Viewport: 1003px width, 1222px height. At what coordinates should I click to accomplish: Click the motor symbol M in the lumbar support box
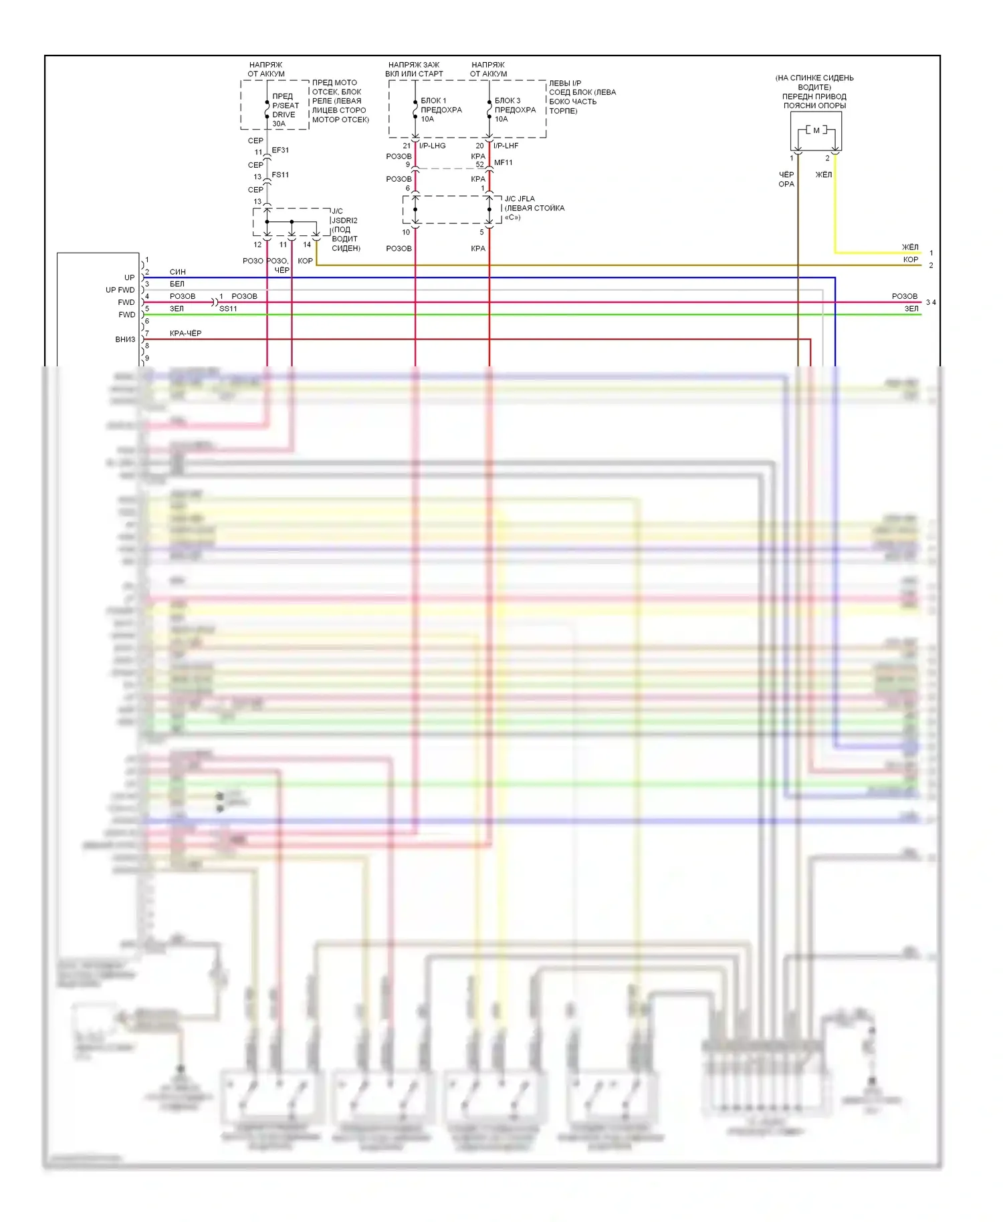tap(816, 130)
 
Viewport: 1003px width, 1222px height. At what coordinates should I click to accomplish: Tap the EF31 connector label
tap(280, 150)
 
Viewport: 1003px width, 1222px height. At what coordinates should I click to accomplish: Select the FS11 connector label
tap(280, 175)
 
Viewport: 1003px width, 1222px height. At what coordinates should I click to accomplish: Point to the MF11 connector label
tap(504, 162)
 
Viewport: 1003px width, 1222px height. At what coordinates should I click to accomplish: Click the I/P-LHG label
tap(433, 146)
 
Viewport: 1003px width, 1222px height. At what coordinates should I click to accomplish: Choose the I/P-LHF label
tap(506, 146)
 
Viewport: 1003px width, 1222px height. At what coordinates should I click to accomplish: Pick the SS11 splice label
tap(228, 309)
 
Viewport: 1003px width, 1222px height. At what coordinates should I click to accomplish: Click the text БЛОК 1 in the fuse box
tap(433, 101)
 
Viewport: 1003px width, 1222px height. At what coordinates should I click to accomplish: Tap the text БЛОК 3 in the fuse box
tap(508, 101)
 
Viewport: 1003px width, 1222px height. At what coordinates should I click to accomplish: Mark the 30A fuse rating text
tap(279, 124)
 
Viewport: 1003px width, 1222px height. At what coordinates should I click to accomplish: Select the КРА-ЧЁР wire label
tap(185, 334)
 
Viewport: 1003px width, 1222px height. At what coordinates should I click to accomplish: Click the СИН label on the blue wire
tap(178, 272)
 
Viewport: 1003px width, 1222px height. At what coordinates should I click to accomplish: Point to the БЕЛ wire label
tap(177, 284)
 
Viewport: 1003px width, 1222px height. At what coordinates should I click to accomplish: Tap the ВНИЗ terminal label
tap(125, 340)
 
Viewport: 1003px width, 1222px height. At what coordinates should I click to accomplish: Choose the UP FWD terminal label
tap(120, 290)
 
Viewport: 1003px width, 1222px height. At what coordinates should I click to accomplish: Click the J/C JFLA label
tap(520, 199)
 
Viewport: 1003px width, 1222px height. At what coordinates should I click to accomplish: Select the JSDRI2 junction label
tap(345, 221)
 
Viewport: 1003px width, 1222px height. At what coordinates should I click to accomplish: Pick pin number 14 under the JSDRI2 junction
tap(307, 245)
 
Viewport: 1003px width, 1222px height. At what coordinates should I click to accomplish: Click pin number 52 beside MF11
tap(479, 164)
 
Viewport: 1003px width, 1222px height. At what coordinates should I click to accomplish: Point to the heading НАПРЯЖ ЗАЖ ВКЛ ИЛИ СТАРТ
tap(414, 70)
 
